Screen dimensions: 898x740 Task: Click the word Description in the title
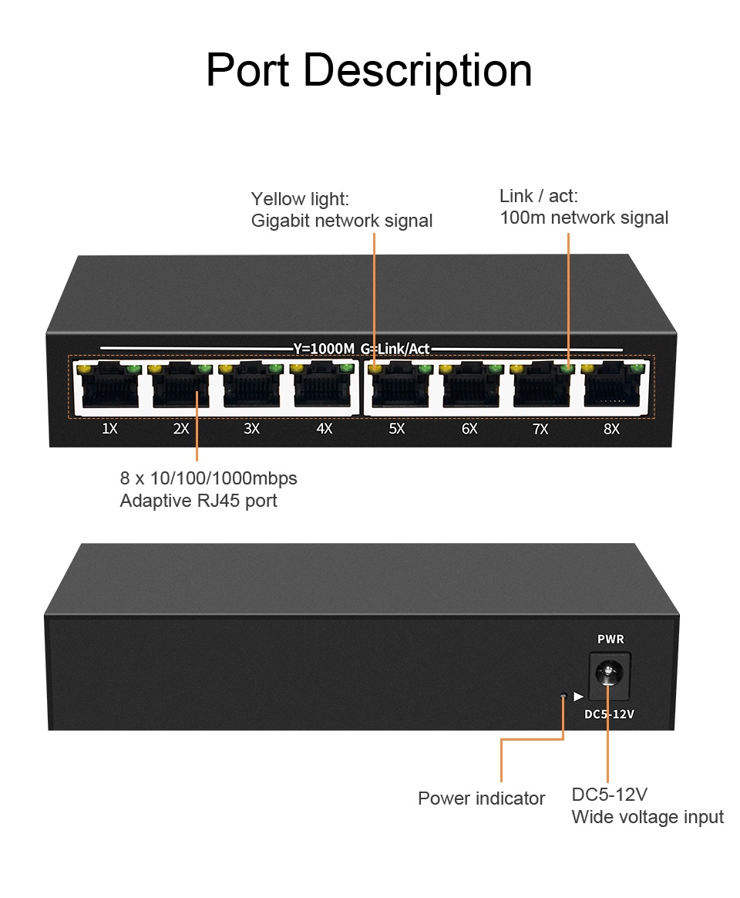pyautogui.click(x=417, y=71)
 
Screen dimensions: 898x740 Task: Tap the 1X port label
pyautogui.click(x=109, y=428)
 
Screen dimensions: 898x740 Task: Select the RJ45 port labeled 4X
pyautogui.click(x=324, y=390)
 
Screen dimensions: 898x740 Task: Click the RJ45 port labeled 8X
pyautogui.click(x=611, y=390)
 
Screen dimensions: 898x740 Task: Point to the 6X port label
pyautogui.click(x=469, y=428)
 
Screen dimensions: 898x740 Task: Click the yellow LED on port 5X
pyautogui.click(x=375, y=370)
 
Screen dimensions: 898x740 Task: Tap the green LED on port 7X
pyautogui.click(x=567, y=370)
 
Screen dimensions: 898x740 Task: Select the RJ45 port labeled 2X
pyautogui.click(x=181, y=390)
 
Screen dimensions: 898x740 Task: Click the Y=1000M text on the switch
pyautogui.click(x=324, y=349)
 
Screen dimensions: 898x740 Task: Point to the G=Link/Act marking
pyautogui.click(x=395, y=349)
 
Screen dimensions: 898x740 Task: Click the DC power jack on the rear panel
pyautogui.click(x=609, y=673)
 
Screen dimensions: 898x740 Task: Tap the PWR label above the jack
pyautogui.click(x=610, y=639)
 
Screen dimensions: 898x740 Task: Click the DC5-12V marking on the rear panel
pyautogui.click(x=609, y=714)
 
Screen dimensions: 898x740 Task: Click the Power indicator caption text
pyautogui.click(x=481, y=798)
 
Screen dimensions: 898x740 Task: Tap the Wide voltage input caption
pyautogui.click(x=647, y=817)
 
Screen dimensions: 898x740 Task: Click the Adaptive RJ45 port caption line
pyautogui.click(x=198, y=501)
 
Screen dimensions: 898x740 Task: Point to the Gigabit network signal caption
pyautogui.click(x=341, y=221)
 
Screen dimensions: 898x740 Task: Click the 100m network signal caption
pyautogui.click(x=584, y=218)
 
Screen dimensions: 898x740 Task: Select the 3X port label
pyautogui.click(x=251, y=428)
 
